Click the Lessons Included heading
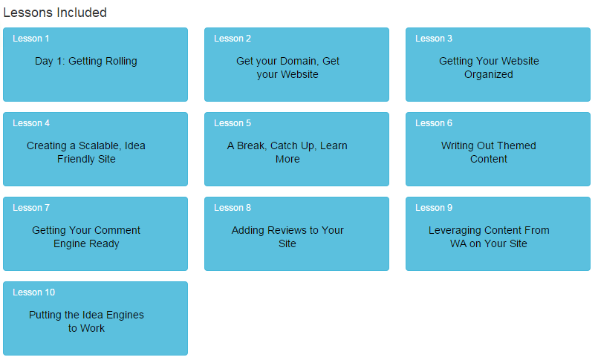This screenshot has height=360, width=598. pyautogui.click(x=55, y=13)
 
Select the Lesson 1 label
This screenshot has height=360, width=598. pyautogui.click(x=31, y=39)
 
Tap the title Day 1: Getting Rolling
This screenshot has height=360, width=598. pyautogui.click(x=86, y=62)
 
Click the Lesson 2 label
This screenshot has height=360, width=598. pyautogui.click(x=233, y=39)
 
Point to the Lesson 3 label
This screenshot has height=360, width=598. pyautogui.click(x=434, y=39)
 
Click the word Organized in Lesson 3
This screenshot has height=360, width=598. pyautogui.click(x=489, y=75)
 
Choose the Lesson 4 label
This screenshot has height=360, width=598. pyautogui.click(x=31, y=123)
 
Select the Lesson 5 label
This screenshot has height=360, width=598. pyautogui.click(x=233, y=123)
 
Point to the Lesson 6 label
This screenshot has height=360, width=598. pyautogui.click(x=434, y=123)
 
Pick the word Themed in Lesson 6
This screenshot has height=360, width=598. pyautogui.click(x=517, y=146)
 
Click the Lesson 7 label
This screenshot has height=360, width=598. pyautogui.click(x=31, y=208)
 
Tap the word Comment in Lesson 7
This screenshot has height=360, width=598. pyautogui.click(x=117, y=231)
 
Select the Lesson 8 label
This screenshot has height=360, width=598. pyautogui.click(x=233, y=208)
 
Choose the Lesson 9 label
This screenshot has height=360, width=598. pyautogui.click(x=434, y=208)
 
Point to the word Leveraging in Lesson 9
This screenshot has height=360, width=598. pyautogui.click(x=454, y=231)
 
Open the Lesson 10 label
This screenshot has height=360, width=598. pyautogui.click(x=33, y=292)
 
